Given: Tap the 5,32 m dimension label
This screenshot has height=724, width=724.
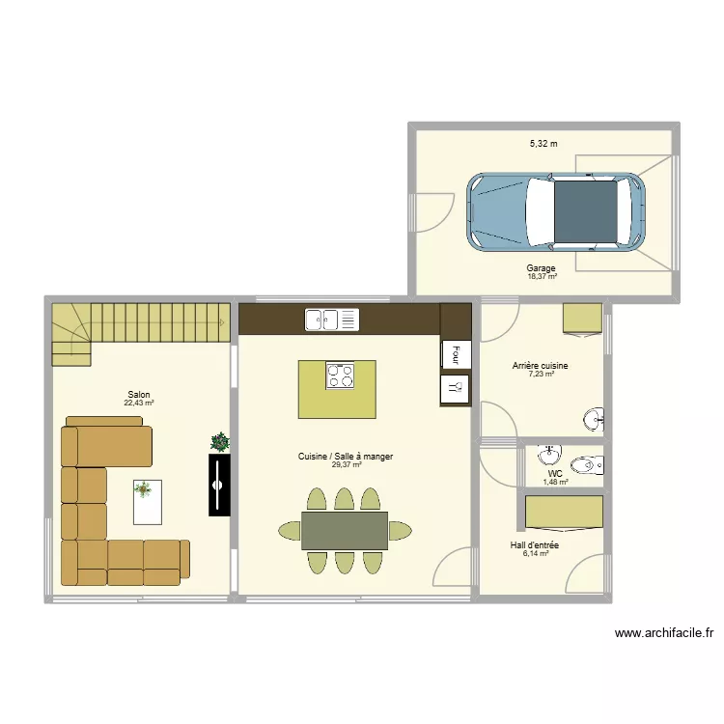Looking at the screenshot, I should [543, 144].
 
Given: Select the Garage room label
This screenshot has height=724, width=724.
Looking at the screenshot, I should [541, 268].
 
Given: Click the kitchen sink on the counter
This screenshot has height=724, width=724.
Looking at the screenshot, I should [331, 319].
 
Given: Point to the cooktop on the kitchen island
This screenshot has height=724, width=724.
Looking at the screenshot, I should [339, 375].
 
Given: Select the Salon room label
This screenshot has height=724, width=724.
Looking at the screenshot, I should [139, 394].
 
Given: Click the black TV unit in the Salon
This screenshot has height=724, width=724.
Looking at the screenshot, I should [220, 485].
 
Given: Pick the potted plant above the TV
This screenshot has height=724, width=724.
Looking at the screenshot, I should [221, 442].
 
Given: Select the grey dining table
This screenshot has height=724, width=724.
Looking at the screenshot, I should [345, 530].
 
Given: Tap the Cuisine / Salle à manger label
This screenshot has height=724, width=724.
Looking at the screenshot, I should [346, 457].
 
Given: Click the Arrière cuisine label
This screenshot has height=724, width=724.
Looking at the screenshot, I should [540, 366].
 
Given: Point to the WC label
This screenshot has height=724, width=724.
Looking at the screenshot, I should [555, 474].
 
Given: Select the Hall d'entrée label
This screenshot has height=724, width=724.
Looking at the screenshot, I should [535, 545].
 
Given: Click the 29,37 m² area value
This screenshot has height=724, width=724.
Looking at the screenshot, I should [346, 465].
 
